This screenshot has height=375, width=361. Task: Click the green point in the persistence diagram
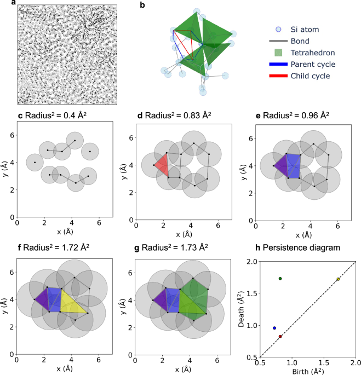coord(280,279)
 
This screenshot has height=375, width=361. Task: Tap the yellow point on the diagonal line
coord(338,279)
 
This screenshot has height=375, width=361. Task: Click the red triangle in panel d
coord(162,164)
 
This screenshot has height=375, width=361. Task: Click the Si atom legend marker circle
coord(279,29)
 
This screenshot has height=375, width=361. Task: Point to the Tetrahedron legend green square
coord(279,53)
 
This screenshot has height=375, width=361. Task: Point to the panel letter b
coord(142,5)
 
